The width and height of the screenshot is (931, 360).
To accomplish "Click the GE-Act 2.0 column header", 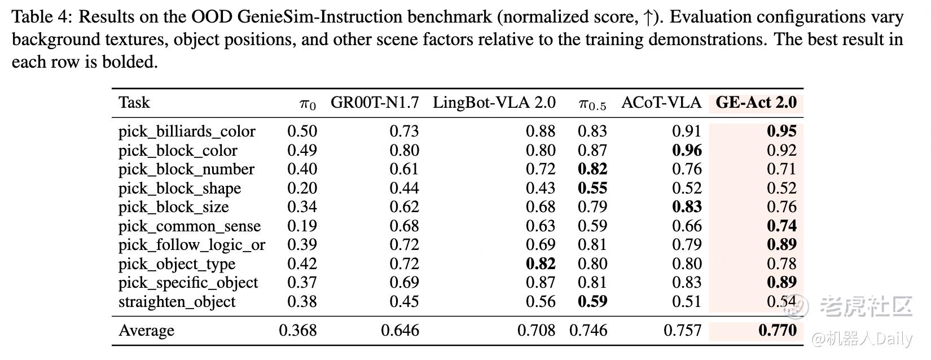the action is tap(756, 103).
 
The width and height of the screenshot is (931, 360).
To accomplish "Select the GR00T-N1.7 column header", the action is tap(375, 103).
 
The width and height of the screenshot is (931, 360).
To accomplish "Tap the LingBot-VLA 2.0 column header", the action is tap(494, 103).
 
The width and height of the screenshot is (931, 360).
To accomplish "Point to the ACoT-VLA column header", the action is tap(661, 103).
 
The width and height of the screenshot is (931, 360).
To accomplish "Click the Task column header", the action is tap(134, 103).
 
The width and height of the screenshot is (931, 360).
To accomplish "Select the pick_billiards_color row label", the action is tap(187, 131).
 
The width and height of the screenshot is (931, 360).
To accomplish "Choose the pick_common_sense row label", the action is tap(190, 226).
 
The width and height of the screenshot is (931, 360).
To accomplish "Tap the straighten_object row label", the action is tap(177, 302).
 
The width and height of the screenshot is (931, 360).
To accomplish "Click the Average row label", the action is tap(146, 331).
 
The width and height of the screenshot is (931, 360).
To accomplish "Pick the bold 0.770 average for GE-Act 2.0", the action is tap(777, 331).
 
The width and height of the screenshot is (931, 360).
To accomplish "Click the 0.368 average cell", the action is tap(297, 331).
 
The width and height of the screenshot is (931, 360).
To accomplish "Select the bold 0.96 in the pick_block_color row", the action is tap(687, 151).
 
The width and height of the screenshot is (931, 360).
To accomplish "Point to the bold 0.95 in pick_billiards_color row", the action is tap(781, 131).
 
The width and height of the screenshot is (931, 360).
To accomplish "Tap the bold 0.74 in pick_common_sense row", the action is tap(781, 226).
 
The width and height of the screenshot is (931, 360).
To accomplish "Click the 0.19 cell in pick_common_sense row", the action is tap(302, 226).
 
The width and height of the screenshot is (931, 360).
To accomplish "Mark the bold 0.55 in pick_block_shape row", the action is tap(592, 188).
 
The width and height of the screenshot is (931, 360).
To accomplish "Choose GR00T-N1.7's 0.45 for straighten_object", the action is tap(404, 302).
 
